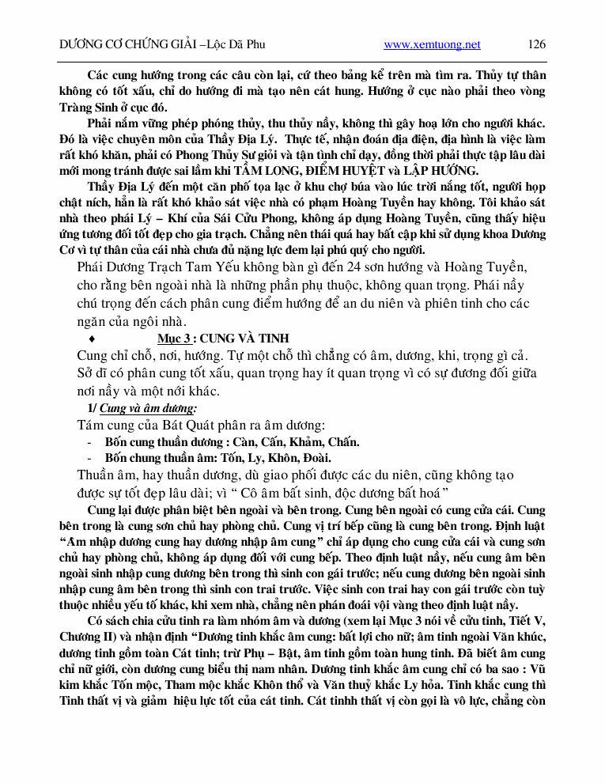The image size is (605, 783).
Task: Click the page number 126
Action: click(x=536, y=44)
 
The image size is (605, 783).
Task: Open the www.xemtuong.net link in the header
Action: click(x=432, y=44)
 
